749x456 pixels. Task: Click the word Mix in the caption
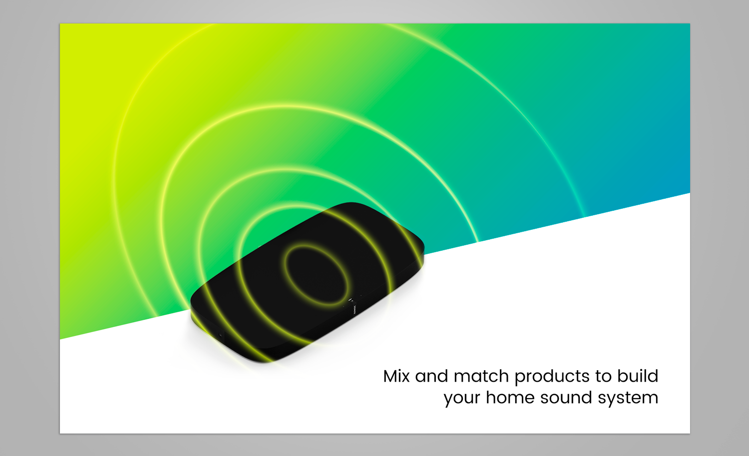pyautogui.click(x=396, y=376)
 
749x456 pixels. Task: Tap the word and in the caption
pyautogui.click(x=431, y=376)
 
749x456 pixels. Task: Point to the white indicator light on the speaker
pyautogui.click(x=351, y=300)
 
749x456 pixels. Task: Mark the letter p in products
pyautogui.click(x=519, y=378)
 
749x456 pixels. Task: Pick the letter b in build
pyautogui.click(x=622, y=376)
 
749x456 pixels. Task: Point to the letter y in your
pyautogui.click(x=448, y=399)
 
